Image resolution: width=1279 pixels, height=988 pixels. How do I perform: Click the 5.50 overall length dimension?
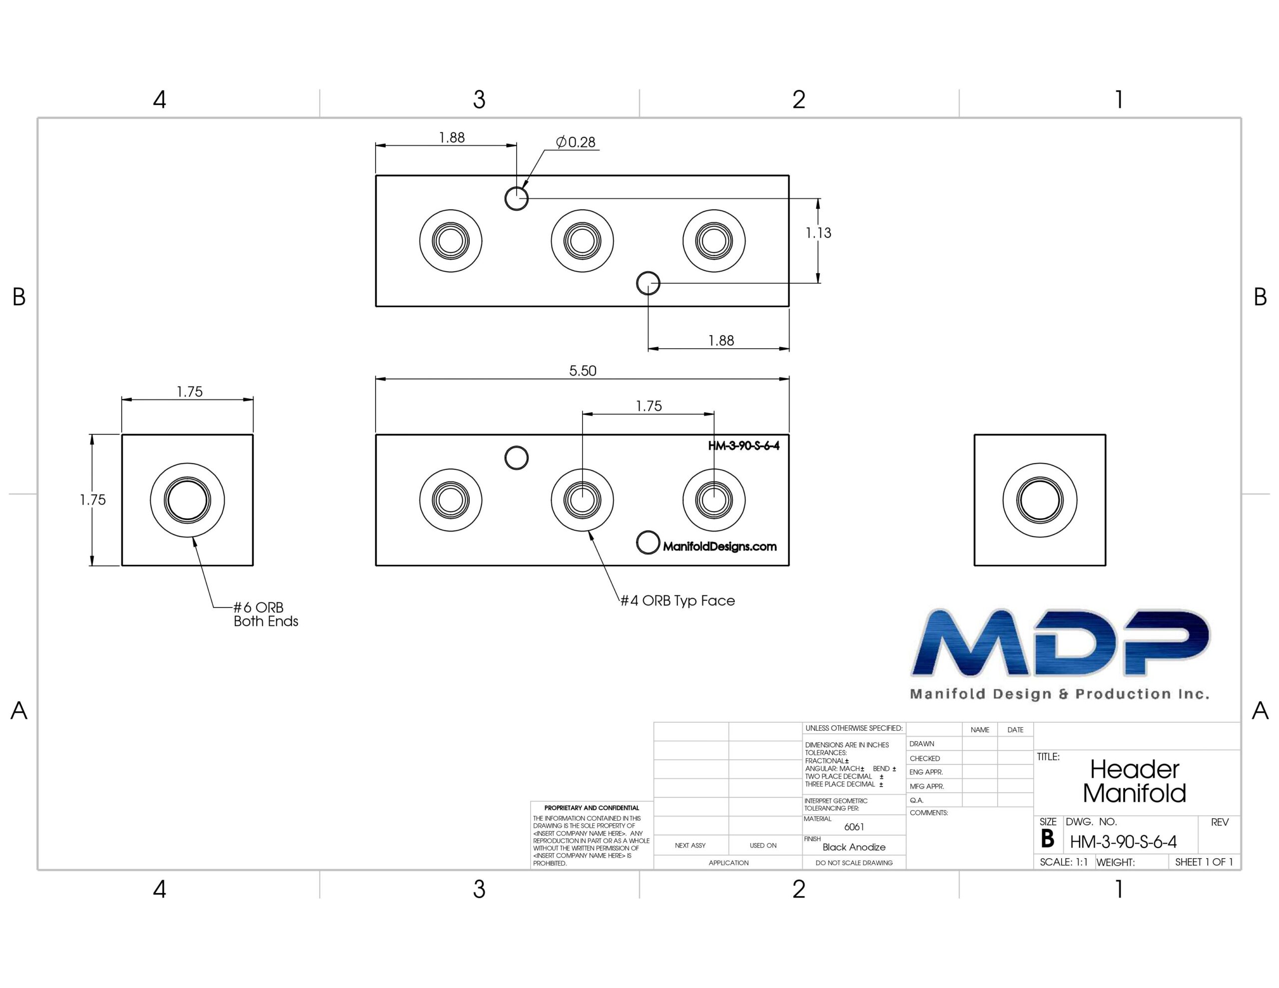pyautogui.click(x=583, y=371)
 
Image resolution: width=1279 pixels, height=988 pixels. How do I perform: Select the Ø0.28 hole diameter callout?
pyautogui.click(x=576, y=142)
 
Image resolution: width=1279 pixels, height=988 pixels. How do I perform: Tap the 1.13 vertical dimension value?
pyautogui.click(x=818, y=233)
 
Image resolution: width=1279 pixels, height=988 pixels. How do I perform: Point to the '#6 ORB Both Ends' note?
pyautogui.click(x=266, y=614)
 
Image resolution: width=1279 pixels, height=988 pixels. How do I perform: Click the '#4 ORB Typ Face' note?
pyautogui.click(x=677, y=601)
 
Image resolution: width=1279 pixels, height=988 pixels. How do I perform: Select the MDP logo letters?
pyautogui.click(x=1060, y=642)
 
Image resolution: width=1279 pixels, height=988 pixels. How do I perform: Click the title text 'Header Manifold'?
pyautogui.click(x=1134, y=781)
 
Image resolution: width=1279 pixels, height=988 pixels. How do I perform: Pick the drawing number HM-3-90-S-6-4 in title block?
pyautogui.click(x=1123, y=842)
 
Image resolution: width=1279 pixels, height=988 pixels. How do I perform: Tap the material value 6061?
pyautogui.click(x=854, y=827)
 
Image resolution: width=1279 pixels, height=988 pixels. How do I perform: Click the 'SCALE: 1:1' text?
pyautogui.click(x=1064, y=862)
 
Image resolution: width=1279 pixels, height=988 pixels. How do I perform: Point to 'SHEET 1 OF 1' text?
pyautogui.click(x=1204, y=862)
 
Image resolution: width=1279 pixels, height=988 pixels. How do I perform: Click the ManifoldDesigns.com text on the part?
pyautogui.click(x=720, y=546)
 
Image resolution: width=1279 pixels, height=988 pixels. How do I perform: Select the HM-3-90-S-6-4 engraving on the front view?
pyautogui.click(x=744, y=446)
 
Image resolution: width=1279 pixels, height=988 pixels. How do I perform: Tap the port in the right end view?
pyautogui.click(x=1040, y=500)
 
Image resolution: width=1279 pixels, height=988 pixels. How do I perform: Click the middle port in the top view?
pyautogui.click(x=582, y=241)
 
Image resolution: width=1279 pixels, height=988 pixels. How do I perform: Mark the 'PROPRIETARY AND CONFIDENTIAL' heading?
pyautogui.click(x=592, y=808)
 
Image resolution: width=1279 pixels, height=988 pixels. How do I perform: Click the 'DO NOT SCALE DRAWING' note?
pyautogui.click(x=854, y=863)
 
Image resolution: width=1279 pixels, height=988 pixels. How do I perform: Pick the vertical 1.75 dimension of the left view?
pyautogui.click(x=92, y=500)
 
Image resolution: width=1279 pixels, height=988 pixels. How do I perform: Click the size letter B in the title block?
pyautogui.click(x=1048, y=839)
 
